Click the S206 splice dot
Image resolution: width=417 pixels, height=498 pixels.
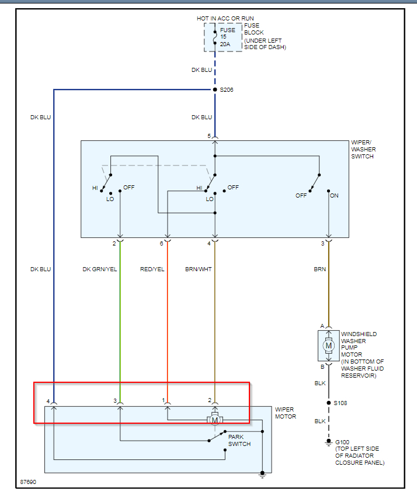[215, 89]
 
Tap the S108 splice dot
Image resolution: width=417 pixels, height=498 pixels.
[328, 403]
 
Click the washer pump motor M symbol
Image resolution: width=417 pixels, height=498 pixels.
[328, 345]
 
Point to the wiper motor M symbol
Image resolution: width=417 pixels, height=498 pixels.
[215, 420]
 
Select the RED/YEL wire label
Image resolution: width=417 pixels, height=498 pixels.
[152, 269]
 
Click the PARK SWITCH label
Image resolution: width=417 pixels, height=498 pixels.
[239, 440]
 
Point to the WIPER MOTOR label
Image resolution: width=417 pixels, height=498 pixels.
[286, 413]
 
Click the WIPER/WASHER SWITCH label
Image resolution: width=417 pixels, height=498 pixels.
[363, 149]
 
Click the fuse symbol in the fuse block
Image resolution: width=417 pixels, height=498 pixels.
[215, 36]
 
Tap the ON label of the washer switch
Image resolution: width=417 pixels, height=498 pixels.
[334, 196]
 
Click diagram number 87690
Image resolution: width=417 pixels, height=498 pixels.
[28, 482]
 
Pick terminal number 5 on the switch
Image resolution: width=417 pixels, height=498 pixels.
[209, 136]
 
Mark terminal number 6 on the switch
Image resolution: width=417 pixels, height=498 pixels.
[161, 243]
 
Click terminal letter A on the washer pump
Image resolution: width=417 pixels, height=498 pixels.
[322, 326]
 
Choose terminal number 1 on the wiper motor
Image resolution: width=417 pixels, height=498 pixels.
[164, 400]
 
